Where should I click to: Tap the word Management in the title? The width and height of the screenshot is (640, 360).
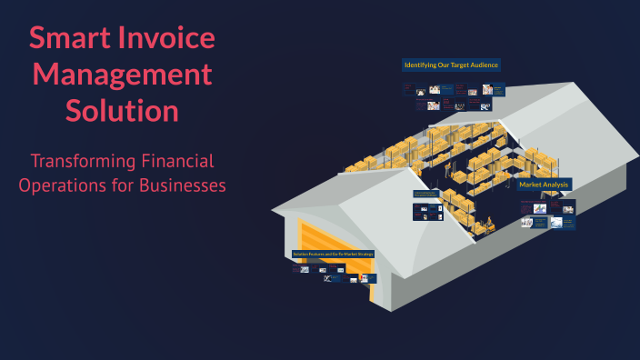tap(121, 75)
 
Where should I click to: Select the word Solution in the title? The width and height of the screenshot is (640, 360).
tap(121, 111)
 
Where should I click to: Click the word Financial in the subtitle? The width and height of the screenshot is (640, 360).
tap(178, 161)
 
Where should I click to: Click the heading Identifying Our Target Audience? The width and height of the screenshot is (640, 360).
tap(452, 65)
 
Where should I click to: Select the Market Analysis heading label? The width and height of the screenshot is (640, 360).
tap(545, 185)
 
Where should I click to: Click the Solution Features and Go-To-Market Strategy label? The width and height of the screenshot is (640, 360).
tap(333, 254)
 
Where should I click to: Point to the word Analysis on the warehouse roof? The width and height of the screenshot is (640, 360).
tap(556, 185)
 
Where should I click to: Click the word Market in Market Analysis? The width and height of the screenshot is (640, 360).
tap(530, 185)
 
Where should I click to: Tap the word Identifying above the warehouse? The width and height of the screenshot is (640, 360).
tap(421, 65)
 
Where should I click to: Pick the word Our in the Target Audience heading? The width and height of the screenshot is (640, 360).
tap(443, 65)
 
